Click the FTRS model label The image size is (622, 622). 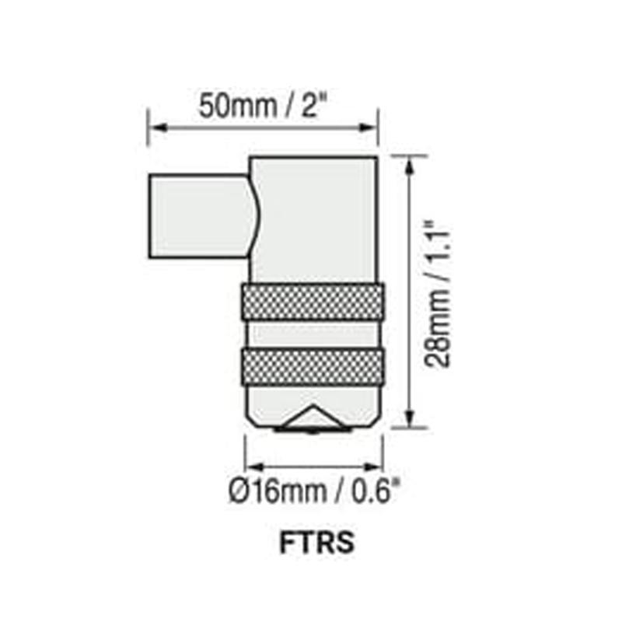[x=316, y=543]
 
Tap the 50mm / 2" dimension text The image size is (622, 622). [x=260, y=105]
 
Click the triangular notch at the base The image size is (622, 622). [x=312, y=419]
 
